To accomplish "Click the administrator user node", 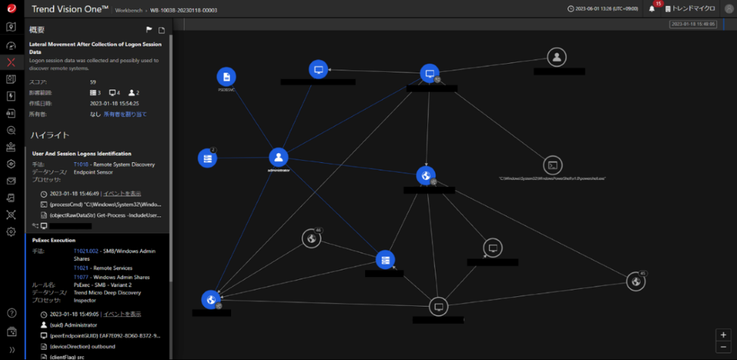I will pos(278,157).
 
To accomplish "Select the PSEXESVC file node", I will pos(227,76).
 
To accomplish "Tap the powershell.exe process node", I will pos(552,165).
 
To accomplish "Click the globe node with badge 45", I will pos(635,281).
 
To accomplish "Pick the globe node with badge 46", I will pos(311,239).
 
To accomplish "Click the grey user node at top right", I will pos(558,57).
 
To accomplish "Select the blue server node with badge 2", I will pos(207,157).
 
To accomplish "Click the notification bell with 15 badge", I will pos(652,9).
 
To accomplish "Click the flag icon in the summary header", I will pos(149,30).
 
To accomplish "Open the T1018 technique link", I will pos(81,164).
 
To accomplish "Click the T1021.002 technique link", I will pos(86,252).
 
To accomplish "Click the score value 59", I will pos(93,82).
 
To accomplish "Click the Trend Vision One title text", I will pos(70,9).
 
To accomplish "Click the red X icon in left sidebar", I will pos(11,62).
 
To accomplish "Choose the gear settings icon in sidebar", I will pos(11,232).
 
